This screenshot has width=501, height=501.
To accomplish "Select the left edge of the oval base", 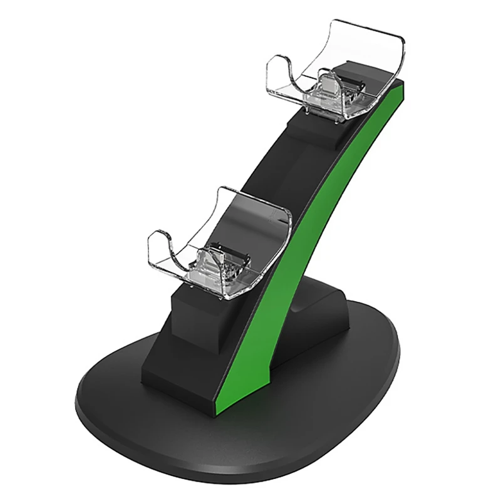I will pyautogui.click(x=78, y=401).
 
